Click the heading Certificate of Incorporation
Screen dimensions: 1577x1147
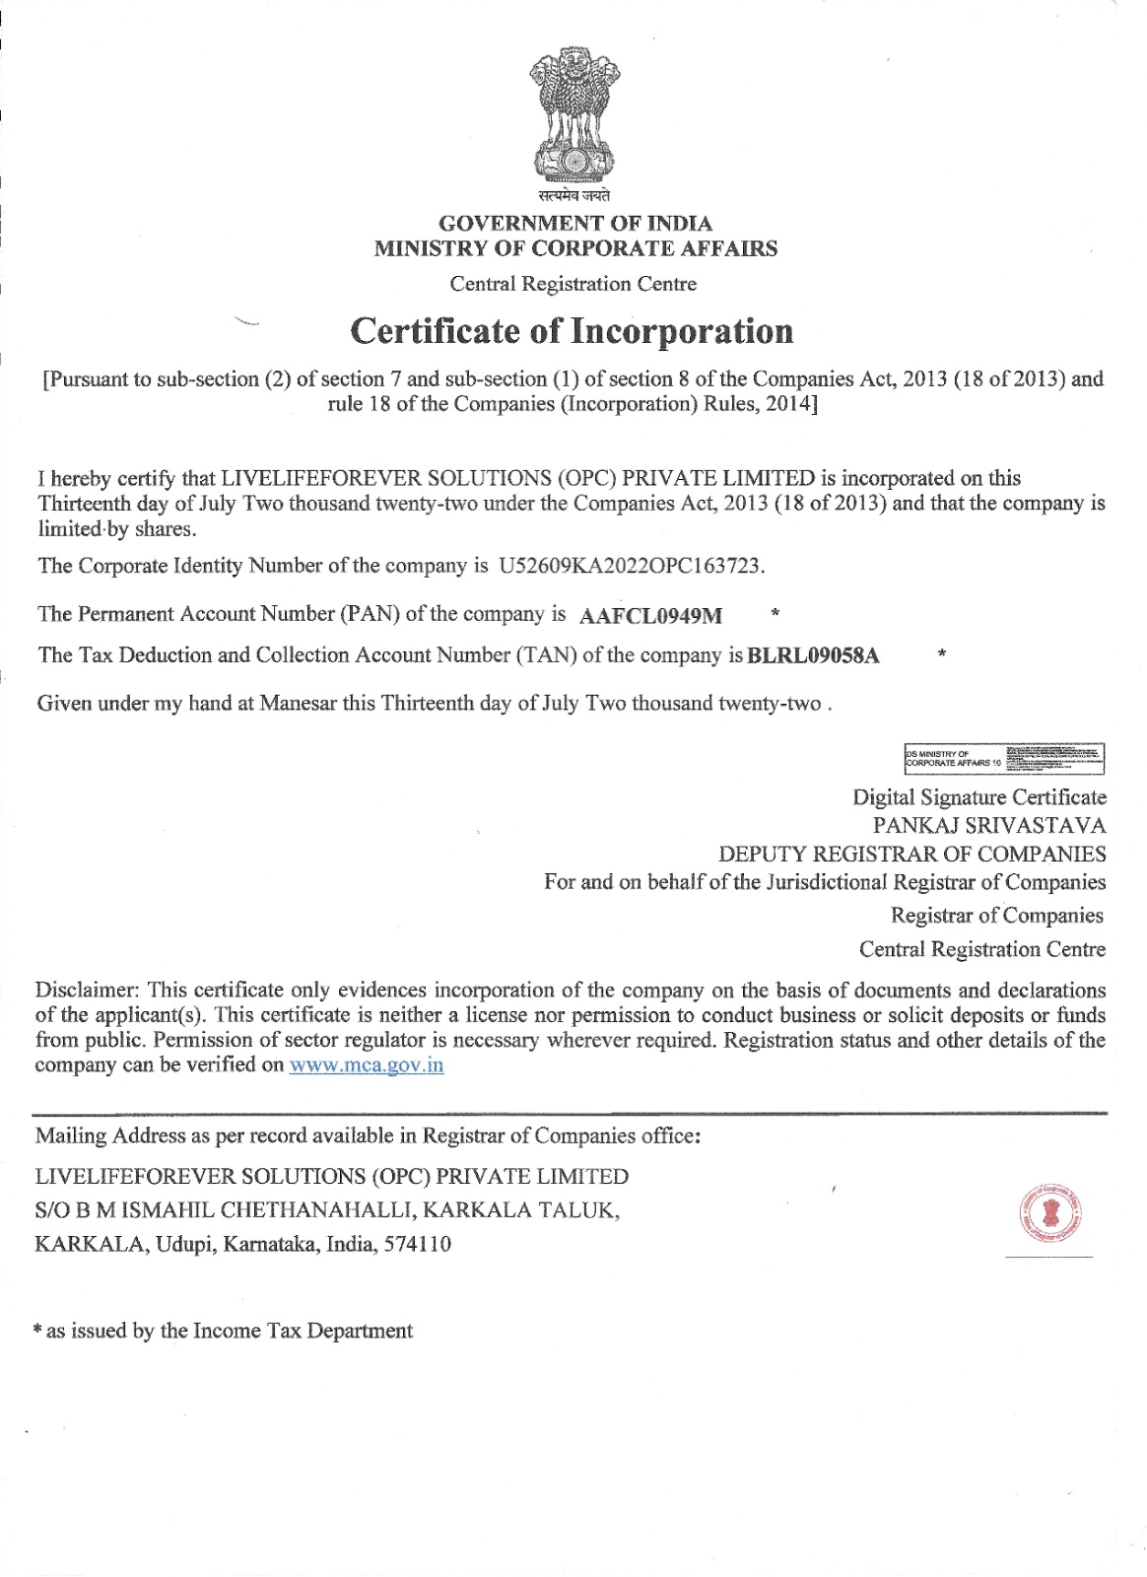[x=572, y=331]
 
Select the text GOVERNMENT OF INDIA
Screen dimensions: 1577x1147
[x=574, y=224]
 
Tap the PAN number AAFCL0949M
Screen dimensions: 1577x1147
[x=650, y=616]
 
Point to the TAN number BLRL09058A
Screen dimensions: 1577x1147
[x=814, y=656]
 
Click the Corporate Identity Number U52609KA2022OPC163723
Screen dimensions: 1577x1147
[x=631, y=566]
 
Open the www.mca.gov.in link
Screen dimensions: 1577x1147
[x=367, y=1065]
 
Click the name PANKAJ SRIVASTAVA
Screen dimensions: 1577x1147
[x=988, y=826]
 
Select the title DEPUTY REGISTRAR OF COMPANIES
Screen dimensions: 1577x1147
[x=911, y=855]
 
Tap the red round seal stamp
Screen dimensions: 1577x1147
[x=1050, y=1212]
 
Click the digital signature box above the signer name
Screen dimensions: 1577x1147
[x=1004, y=759]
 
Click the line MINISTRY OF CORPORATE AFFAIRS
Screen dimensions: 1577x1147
[x=575, y=248]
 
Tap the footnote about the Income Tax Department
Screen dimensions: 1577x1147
[x=224, y=1332]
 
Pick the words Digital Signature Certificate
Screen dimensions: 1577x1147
[x=979, y=797]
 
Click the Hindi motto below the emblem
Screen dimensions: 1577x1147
[x=574, y=196]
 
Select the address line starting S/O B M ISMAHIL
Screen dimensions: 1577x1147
[x=327, y=1210]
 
